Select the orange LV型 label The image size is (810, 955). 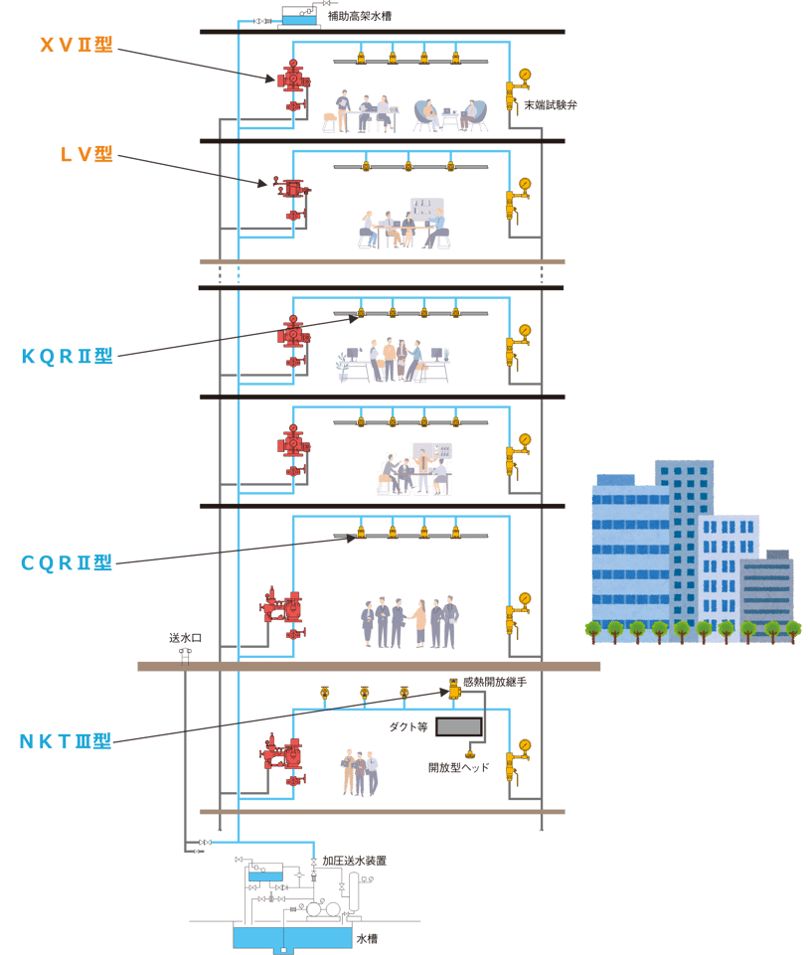[x=87, y=154]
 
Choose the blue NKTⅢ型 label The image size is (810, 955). [x=67, y=741]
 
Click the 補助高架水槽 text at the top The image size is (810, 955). [x=363, y=17]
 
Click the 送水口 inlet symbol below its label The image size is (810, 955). [x=184, y=652]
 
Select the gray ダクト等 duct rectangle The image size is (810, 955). [x=458, y=727]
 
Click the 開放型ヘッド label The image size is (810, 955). [x=458, y=767]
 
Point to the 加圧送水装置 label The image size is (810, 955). [x=354, y=861]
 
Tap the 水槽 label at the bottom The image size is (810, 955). [x=367, y=937]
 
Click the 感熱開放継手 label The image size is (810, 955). [x=494, y=683]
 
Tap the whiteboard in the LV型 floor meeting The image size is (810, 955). [x=427, y=210]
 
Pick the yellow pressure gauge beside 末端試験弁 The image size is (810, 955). [x=524, y=76]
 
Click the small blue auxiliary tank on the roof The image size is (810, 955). [x=296, y=18]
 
